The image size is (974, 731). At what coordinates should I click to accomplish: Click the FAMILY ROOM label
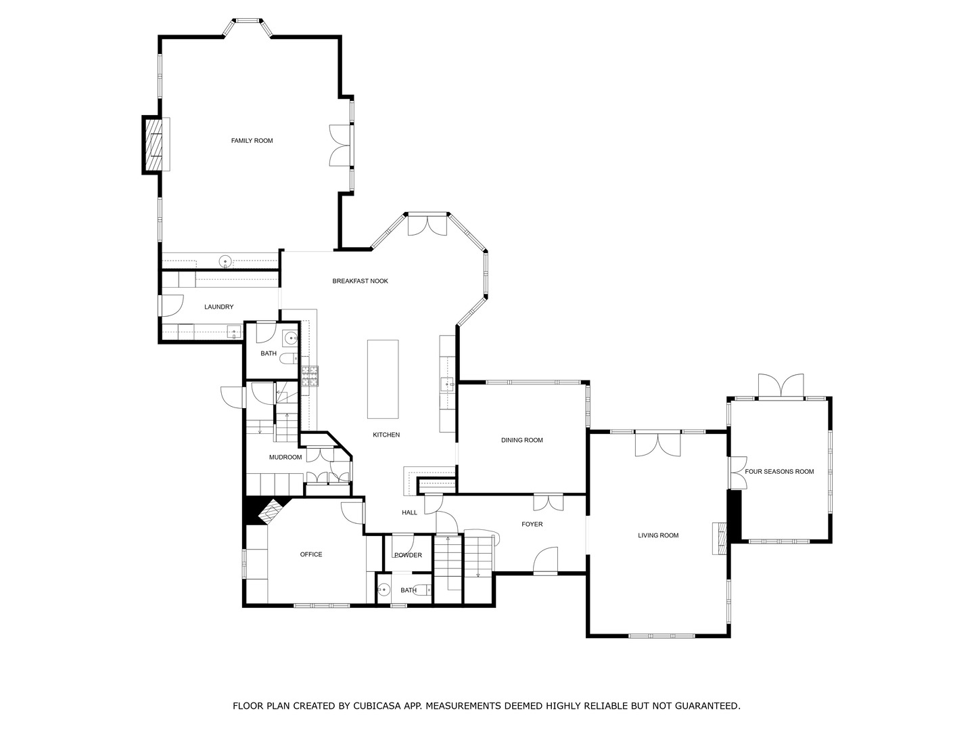tap(252, 141)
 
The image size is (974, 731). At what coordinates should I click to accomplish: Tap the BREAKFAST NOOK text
tap(360, 281)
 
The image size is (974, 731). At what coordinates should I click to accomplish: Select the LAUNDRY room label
tap(218, 307)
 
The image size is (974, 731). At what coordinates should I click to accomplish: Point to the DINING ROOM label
tap(521, 441)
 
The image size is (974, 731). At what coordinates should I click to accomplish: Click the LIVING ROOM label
tap(658, 535)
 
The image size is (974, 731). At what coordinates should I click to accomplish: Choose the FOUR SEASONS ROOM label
tap(779, 472)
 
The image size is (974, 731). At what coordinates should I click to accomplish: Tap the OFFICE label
tap(311, 554)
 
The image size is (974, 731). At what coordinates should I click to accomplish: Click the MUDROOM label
tap(285, 458)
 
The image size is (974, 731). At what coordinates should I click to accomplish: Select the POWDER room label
tap(408, 555)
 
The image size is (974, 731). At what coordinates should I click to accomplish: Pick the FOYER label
tap(532, 524)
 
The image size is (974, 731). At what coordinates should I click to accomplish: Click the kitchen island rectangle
tap(383, 379)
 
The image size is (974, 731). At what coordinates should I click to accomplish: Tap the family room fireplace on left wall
tap(155, 145)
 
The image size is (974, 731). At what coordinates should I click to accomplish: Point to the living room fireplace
tap(720, 539)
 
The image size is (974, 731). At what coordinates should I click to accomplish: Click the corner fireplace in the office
tap(270, 512)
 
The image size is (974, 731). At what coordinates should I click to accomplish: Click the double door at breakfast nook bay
tap(427, 225)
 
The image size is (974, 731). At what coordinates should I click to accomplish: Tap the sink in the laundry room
tap(233, 332)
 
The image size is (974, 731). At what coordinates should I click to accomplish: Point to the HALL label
tap(409, 512)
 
